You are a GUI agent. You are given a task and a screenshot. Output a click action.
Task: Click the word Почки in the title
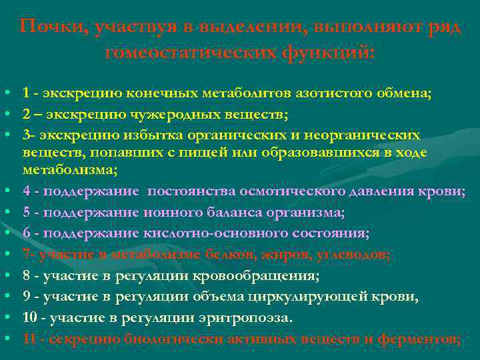[x=50, y=27]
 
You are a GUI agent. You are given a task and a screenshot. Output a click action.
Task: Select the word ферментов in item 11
[x=419, y=339]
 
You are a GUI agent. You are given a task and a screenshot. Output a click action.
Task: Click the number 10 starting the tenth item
[x=30, y=317]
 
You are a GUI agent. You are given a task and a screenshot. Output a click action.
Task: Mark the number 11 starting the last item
[x=30, y=339]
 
